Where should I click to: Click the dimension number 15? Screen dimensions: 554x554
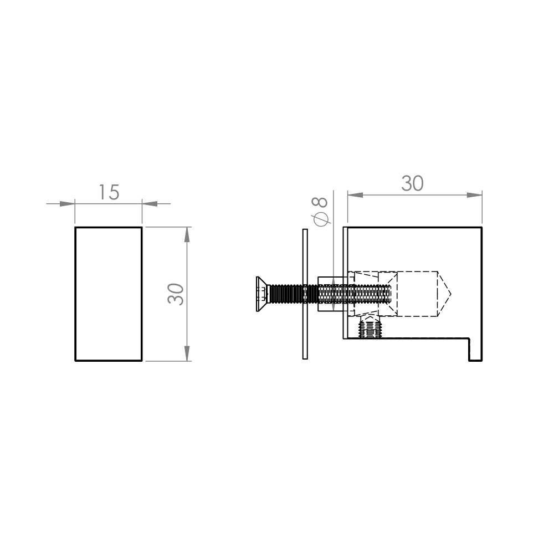109,193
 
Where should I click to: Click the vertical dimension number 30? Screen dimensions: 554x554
176,294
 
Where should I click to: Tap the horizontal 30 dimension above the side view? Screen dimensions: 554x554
412,183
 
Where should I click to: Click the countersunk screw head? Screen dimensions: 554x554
261,294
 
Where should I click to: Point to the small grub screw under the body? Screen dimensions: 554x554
370,327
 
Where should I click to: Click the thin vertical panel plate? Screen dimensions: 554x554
305,294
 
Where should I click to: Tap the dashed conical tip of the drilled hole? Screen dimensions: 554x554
444,294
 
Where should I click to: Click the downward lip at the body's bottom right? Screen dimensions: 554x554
475,350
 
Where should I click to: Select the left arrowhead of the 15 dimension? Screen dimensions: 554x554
67,204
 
